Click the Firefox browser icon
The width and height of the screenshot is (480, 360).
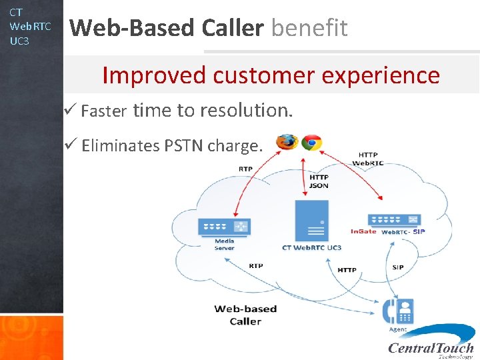287,142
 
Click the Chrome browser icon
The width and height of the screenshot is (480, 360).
311,142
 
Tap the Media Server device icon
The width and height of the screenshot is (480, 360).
224,227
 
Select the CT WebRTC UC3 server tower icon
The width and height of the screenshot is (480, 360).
311,221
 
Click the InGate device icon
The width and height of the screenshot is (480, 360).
394,220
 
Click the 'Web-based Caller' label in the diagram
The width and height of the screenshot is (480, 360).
245,315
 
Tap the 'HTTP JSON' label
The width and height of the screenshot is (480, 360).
319,181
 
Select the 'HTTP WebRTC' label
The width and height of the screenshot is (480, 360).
367,159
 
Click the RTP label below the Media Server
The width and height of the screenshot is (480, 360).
256,265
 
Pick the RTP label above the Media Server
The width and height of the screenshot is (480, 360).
245,169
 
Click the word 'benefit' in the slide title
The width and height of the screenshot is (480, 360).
309,28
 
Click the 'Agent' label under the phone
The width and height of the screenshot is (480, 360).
398,329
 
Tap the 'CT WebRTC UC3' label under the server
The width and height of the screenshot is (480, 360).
311,247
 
